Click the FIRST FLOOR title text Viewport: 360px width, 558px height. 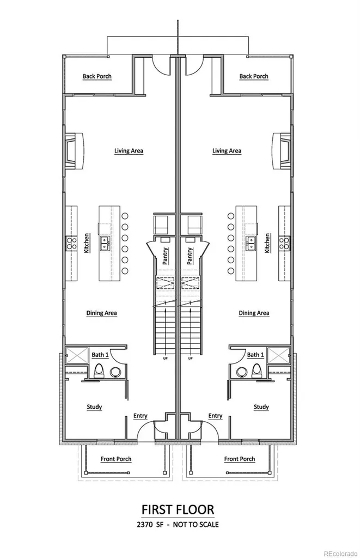point(178,510)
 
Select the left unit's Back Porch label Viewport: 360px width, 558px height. point(97,76)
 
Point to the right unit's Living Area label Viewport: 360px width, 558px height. point(227,151)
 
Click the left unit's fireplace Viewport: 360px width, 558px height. point(74,150)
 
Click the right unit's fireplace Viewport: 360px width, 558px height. point(282,150)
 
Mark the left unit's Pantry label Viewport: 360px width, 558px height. point(166,256)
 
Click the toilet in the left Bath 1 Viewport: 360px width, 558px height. point(99,370)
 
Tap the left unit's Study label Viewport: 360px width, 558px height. point(94,407)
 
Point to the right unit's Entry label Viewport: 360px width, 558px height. point(215,416)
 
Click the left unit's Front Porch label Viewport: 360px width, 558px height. point(116,459)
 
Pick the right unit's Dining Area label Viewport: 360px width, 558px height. point(254,313)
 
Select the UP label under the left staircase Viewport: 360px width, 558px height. point(166,358)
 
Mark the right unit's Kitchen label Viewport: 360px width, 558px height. point(267,243)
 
